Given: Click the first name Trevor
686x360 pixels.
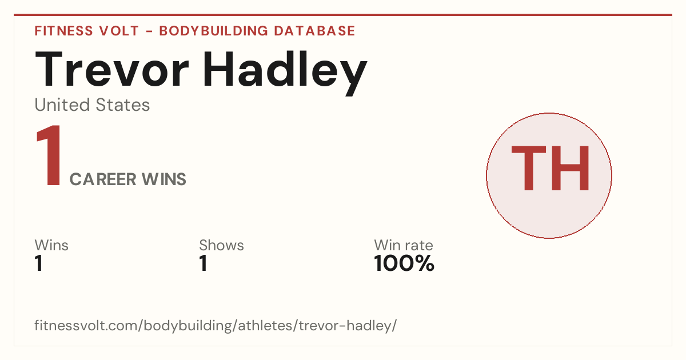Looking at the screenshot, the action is pos(112,70).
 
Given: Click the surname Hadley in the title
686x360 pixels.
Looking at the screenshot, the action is pos(285,74).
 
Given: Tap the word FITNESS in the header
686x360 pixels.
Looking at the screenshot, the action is pos(63,31).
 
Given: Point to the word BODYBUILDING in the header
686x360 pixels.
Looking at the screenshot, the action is pos(213,31).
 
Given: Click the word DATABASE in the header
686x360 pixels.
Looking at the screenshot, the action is pos(314,31).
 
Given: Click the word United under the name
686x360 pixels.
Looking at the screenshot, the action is pos(62,105).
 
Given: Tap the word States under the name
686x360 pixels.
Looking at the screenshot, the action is pos(123,105).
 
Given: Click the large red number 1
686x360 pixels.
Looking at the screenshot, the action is pos(49,155).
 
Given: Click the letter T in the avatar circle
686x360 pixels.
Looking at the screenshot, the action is pos(529,168).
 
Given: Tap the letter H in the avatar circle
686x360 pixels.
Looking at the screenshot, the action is pos(571,168).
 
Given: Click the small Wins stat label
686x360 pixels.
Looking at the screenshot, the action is pos(51,245).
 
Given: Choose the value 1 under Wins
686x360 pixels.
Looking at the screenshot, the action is pos(39,263).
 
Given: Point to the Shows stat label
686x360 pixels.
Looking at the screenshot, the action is pos(221,245).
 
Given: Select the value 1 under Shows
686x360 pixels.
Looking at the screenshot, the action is pos(204,263).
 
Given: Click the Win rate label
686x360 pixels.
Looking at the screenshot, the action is pos(404,245).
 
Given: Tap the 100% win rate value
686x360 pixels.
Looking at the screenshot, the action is pos(404,263).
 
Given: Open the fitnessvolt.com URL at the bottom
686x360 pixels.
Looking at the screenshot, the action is pos(216,325).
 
